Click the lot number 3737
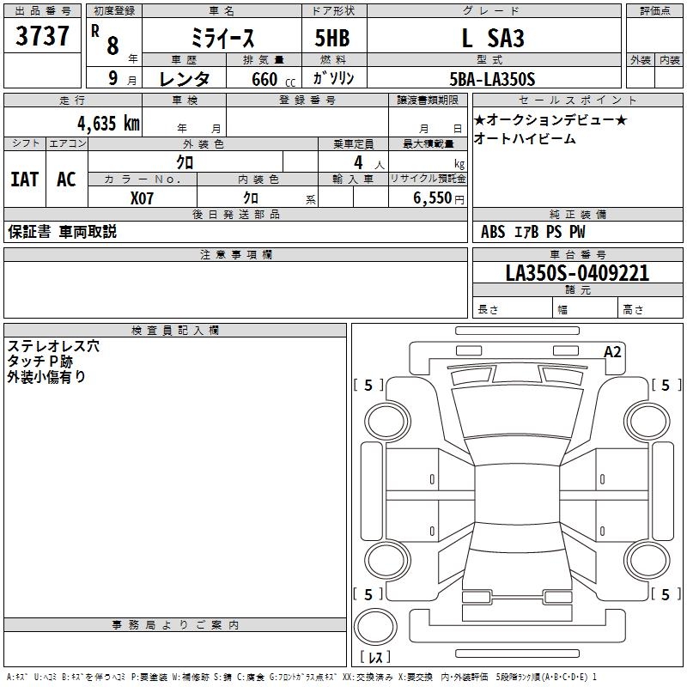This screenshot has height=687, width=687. coord(42,35)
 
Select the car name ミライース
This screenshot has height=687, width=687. coord(222,38)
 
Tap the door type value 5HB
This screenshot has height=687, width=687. coord(332,38)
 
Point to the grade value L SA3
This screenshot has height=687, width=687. coord(493,38)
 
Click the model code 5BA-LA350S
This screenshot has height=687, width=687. coord(492,79)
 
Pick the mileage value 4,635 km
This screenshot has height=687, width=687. coord(108,123)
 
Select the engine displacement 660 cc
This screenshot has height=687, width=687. coord(273,79)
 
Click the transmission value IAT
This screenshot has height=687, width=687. coord(25,179)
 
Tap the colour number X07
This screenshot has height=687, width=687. coord(142,198)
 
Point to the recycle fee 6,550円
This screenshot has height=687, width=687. coord(439,198)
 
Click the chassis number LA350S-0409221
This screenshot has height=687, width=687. coord(577,272)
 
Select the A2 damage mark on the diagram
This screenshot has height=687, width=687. coord(612,352)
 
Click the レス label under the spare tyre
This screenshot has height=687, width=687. coord(375,657)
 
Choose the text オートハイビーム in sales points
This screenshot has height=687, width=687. coord(525,139)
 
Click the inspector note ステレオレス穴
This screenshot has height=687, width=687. coord(53,346)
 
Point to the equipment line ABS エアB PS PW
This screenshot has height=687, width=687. coord(532,232)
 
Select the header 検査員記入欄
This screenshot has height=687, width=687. coord(175,331)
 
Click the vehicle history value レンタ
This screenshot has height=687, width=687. coord(184,79)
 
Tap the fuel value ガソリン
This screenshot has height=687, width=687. coord(333,78)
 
